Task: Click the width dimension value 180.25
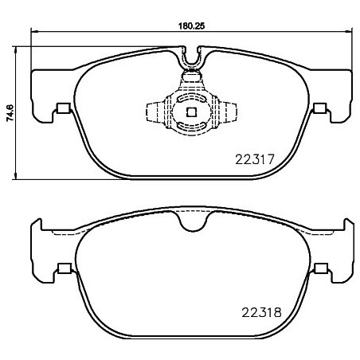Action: (190, 25)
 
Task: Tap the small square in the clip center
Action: (190, 112)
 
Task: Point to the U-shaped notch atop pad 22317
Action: (190, 57)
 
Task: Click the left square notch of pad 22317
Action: (63, 109)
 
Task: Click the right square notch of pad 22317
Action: (319, 109)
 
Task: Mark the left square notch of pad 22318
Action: (63, 268)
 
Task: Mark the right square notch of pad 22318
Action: (319, 268)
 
